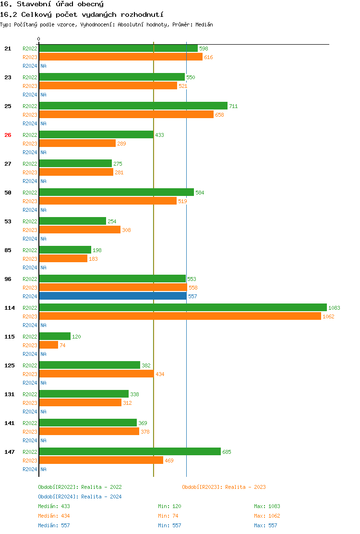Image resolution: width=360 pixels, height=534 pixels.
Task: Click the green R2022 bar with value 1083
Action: click(182, 307)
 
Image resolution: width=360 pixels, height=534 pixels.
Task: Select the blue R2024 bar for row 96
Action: click(113, 296)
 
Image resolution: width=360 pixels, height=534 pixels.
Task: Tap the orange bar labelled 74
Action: click(48, 345)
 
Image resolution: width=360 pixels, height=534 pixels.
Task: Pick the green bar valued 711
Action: click(133, 106)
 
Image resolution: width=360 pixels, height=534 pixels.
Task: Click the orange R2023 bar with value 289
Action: click(77, 144)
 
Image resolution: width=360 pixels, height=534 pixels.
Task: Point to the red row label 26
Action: click(8, 135)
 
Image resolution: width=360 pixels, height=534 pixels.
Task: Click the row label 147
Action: click(9, 452)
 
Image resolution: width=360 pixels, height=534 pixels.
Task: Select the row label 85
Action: click(8, 250)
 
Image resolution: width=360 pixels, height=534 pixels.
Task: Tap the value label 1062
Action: click(328, 316)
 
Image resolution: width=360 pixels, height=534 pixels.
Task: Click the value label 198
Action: click(97, 250)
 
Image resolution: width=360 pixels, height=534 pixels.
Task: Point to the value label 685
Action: click(227, 452)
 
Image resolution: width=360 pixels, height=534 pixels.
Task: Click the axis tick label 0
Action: click(39, 39)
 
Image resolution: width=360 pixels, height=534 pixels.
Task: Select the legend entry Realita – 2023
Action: click(224, 487)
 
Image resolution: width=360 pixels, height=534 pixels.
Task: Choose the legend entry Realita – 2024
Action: click(80, 497)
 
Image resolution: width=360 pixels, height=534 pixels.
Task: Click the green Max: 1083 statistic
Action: click(267, 506)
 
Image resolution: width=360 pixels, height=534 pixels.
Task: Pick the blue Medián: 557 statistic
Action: click(54, 525)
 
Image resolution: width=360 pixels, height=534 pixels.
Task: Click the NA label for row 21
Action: click(43, 66)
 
